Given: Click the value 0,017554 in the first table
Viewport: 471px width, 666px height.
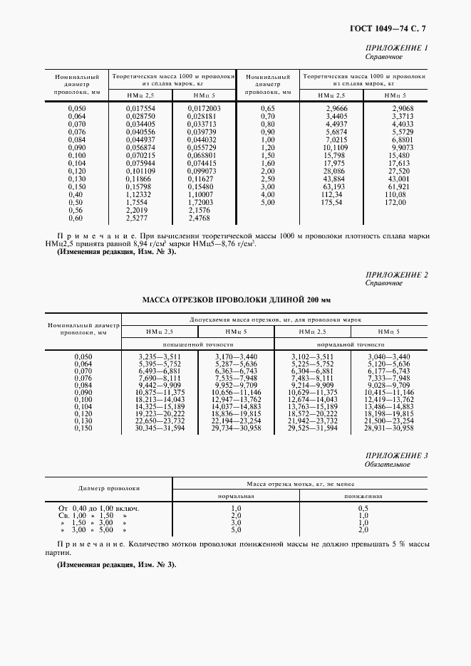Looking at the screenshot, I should coord(140,108).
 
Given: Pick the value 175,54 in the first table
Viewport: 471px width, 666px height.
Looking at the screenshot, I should coord(332,202).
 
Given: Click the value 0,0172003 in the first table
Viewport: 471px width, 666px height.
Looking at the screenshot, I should coord(205,108).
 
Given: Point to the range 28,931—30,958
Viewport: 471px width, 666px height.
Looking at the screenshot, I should coord(388,427).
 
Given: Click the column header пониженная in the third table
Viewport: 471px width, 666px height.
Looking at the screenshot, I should coord(363,497).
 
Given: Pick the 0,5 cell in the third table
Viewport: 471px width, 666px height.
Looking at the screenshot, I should coord(363,509).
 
